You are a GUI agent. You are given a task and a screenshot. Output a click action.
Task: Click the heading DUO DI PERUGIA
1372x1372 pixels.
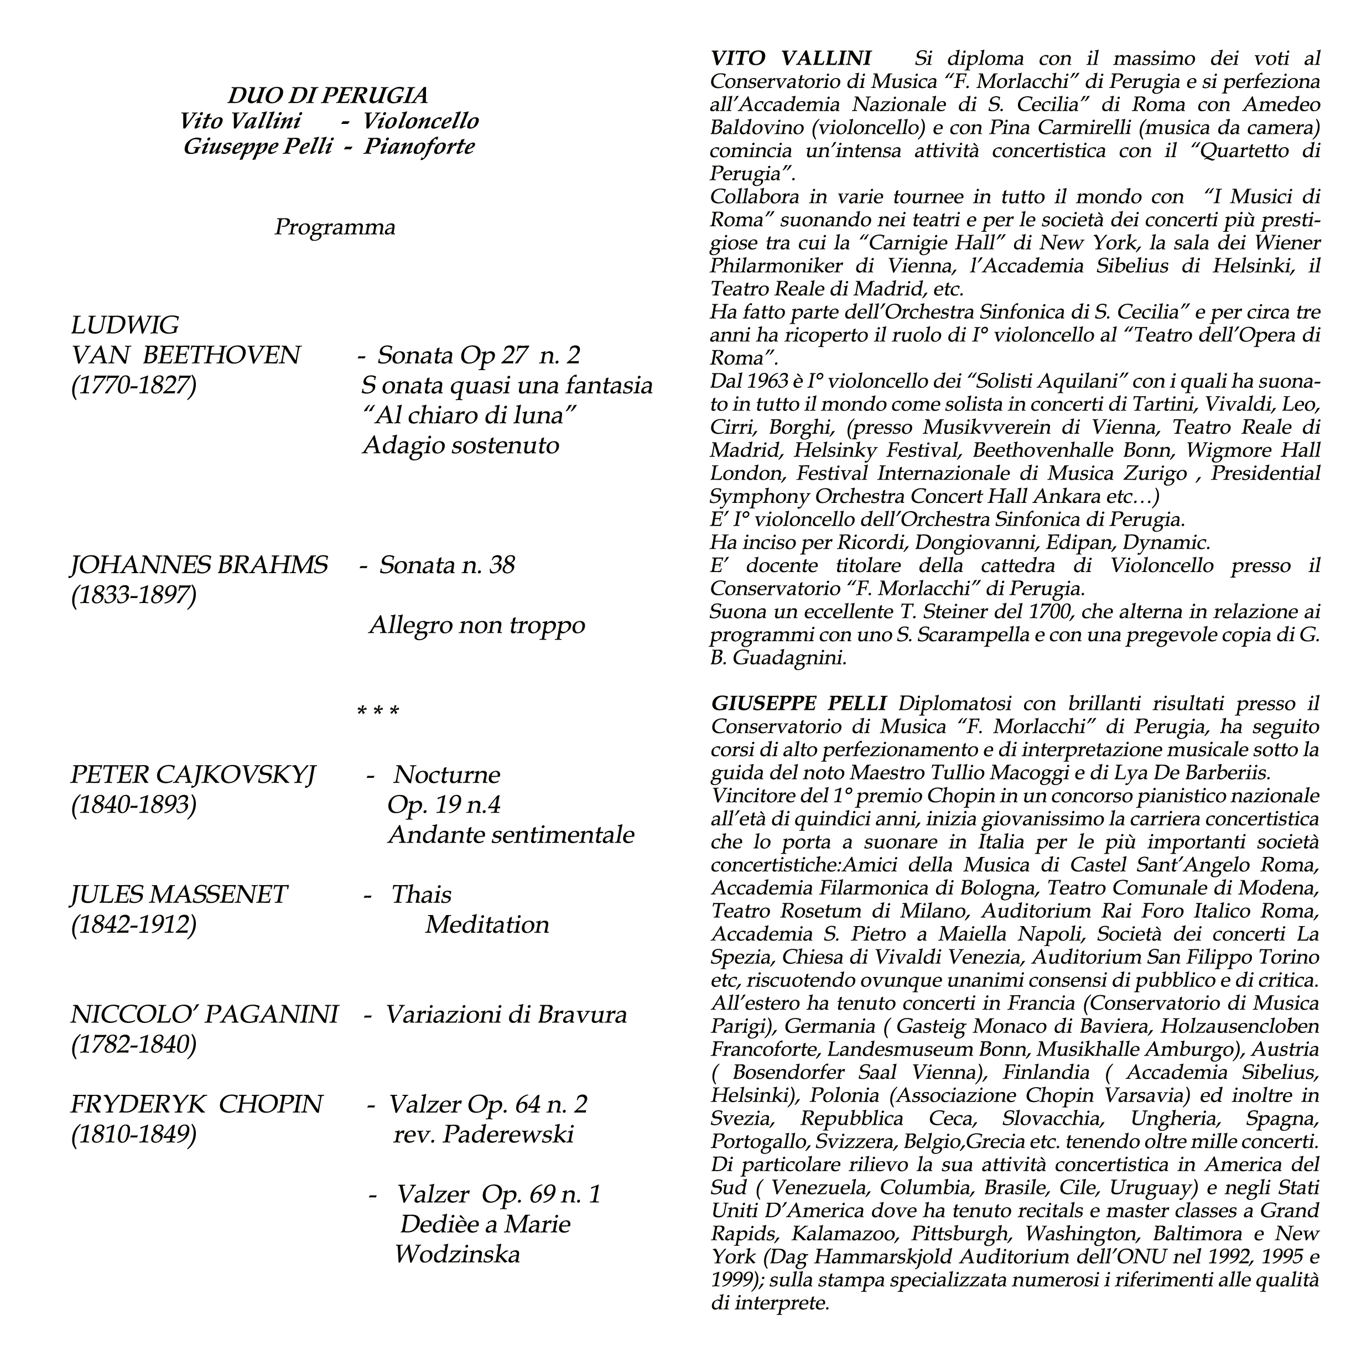pos(328,95)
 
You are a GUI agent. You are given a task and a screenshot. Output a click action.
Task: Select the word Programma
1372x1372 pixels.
pos(335,227)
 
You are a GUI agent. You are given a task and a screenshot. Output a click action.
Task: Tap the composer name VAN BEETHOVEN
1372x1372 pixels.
pos(186,355)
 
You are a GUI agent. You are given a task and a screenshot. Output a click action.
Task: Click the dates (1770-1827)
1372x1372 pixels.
pos(133,386)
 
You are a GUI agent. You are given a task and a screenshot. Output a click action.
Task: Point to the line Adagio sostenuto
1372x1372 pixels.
pos(461,445)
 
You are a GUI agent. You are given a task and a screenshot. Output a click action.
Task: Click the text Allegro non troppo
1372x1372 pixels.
pos(476,626)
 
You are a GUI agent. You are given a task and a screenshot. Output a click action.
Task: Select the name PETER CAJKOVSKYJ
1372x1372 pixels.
pos(193,775)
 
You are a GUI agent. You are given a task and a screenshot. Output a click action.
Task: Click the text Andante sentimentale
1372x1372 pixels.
pos(511,835)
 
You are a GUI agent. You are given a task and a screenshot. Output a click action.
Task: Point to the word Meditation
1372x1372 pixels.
pos(487,924)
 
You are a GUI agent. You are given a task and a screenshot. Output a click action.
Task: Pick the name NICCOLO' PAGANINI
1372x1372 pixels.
pos(205,1015)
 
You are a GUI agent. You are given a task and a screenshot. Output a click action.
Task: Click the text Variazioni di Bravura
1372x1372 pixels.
pos(506,1015)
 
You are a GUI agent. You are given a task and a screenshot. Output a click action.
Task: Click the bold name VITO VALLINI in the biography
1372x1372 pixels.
pos(792,58)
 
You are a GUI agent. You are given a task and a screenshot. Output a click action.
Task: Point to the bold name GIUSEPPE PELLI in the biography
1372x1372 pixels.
pos(798,703)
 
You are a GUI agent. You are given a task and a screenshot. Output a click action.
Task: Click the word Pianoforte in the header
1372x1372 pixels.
pos(419,147)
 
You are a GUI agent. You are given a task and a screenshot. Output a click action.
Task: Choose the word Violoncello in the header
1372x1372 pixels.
pos(420,121)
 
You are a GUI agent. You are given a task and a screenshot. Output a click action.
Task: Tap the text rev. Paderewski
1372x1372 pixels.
pos(483,1135)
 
